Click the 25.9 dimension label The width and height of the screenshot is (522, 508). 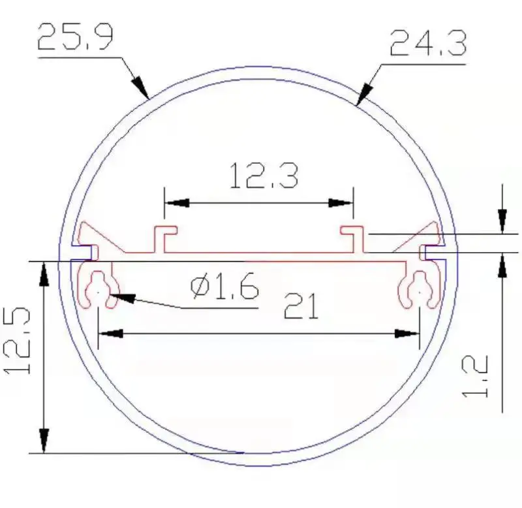75,37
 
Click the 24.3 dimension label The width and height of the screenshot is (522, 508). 428,43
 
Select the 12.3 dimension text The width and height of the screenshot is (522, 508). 264,176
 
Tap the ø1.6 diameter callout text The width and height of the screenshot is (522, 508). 224,287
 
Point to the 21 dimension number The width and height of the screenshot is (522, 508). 301,306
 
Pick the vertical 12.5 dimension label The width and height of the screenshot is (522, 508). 17,340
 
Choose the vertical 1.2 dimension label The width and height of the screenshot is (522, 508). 476,376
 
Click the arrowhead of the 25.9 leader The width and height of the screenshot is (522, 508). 141,87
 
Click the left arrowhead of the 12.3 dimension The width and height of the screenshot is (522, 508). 177,203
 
